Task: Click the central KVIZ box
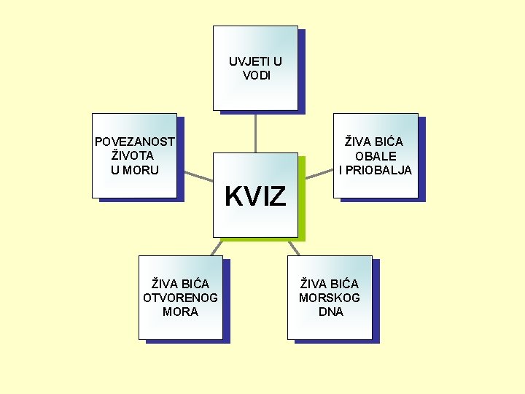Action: (255, 196)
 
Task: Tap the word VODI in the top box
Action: (256, 75)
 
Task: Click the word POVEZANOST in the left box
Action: (134, 142)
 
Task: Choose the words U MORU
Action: (135, 170)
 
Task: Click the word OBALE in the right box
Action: (376, 156)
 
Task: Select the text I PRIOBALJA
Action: (376, 170)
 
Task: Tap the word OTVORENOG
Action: (180, 298)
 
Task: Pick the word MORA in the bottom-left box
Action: (180, 312)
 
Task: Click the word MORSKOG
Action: (330, 298)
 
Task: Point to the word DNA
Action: (330, 312)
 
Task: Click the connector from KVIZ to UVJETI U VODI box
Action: (255, 132)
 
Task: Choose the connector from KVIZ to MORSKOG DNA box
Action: (295, 247)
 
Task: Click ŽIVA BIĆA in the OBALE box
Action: (374, 142)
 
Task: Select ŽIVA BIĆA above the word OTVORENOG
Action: (180, 283)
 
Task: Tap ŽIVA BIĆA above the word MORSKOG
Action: (330, 283)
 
